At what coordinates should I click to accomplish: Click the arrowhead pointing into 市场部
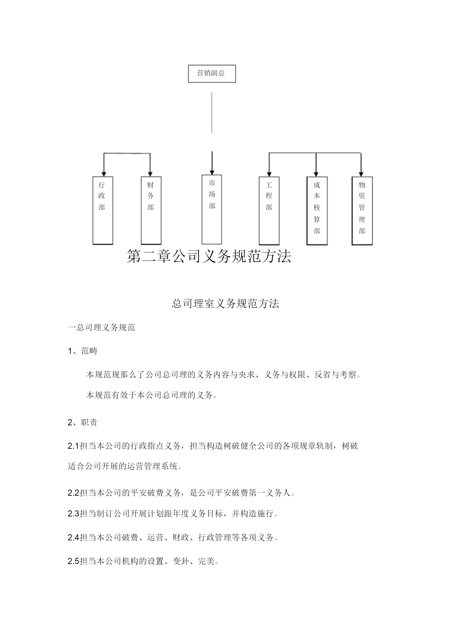212,173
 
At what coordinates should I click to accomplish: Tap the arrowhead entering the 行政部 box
104,174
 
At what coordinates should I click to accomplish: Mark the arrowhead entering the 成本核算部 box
316,174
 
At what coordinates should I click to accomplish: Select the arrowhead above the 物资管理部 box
361,174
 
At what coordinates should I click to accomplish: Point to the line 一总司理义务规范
101,327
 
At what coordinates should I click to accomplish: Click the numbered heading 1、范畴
82,351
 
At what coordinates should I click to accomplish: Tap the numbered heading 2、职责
82,422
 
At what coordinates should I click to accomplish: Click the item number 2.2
73,493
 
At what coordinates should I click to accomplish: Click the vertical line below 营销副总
212,112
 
